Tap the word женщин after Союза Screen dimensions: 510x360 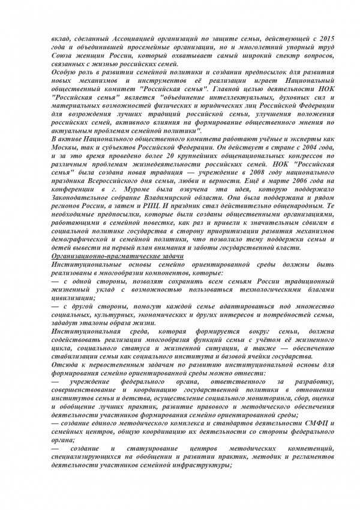[87, 55]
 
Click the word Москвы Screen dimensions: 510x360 [64, 146]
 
